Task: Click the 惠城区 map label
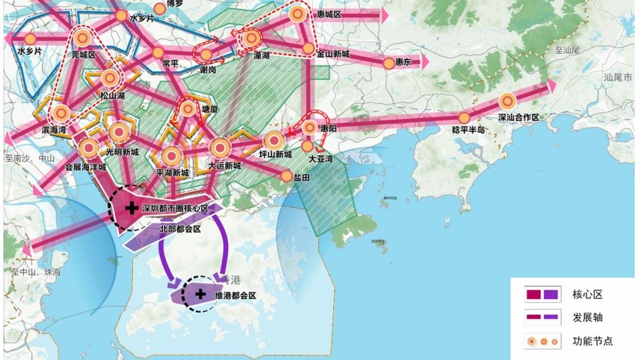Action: [329, 14]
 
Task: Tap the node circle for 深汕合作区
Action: [507, 101]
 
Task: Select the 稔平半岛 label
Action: [468, 129]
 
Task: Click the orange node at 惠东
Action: [389, 63]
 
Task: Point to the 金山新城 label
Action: [333, 55]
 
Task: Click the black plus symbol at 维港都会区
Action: [200, 294]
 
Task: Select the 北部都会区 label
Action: [181, 228]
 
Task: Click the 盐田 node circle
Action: [287, 176]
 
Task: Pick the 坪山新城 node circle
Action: [273, 141]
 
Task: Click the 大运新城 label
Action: [225, 165]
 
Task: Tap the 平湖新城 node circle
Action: [172, 156]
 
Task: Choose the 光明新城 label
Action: [122, 152]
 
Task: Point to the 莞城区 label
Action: [84, 55]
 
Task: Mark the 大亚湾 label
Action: [321, 159]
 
